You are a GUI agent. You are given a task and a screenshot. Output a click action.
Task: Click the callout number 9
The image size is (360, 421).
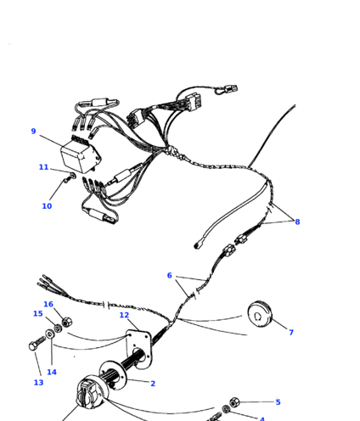click(33, 132)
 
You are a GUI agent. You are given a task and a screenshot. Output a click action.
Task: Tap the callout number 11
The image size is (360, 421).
click(43, 167)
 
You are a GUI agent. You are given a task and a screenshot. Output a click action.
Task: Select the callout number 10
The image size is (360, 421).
click(47, 206)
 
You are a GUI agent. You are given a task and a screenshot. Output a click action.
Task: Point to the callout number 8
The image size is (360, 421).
click(297, 222)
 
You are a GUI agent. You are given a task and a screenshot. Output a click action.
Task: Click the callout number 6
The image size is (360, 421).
click(169, 275)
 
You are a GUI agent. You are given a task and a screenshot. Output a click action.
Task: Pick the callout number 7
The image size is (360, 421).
click(291, 332)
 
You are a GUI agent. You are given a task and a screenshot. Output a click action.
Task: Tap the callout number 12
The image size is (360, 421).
click(124, 315)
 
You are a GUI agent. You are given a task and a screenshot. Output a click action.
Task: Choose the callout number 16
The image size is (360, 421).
click(48, 304)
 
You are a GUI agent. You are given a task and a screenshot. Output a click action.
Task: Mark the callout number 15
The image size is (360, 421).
click(38, 313)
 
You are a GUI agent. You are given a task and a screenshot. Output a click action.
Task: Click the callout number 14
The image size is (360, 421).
click(52, 372)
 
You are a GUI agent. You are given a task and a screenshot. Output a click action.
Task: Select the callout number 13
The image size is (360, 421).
click(38, 383)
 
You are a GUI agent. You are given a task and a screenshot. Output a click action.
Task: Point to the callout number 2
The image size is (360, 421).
click(153, 384)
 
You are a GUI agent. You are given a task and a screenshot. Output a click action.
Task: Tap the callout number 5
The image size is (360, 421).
click(278, 402)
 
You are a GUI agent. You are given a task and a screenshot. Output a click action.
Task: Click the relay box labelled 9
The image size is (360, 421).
click(81, 156)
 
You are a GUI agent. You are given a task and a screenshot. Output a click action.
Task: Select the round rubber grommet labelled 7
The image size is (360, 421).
click(260, 314)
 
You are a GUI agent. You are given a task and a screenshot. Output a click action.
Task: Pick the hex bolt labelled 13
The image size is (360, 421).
click(37, 343)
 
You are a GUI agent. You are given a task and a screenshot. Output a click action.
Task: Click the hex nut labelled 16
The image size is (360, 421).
click(66, 322)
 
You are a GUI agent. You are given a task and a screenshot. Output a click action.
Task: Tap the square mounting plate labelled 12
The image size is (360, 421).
click(138, 349)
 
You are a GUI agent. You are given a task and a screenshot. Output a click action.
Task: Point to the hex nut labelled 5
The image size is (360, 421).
click(234, 402)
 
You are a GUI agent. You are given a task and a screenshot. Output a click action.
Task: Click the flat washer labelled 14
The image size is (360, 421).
click(50, 334)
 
